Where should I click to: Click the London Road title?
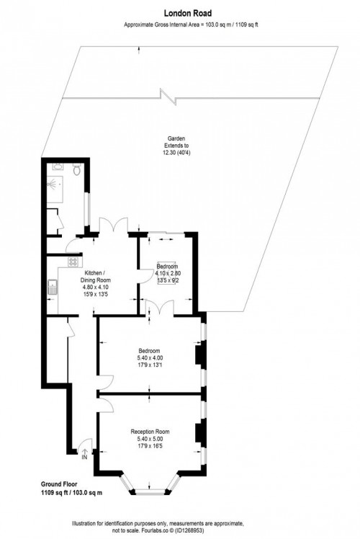tap(180, 12)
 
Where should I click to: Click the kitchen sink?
tap(53, 290)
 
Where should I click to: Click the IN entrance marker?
tap(84, 457)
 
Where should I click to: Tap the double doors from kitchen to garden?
tap(113, 226)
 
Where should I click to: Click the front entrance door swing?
tap(85, 445)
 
